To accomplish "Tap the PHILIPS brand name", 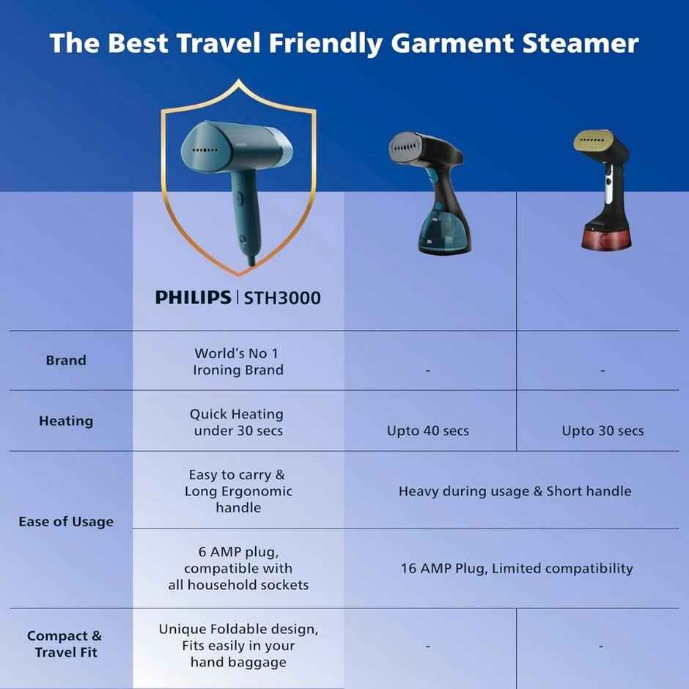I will [x=193, y=298].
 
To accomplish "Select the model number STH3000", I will [x=282, y=298].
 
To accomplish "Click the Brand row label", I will [x=66, y=361].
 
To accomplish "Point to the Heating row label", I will [x=66, y=421].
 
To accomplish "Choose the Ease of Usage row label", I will [x=66, y=522].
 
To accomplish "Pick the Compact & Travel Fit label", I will [x=65, y=644].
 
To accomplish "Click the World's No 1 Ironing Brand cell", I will [x=238, y=361].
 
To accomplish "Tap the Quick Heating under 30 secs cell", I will [x=237, y=422].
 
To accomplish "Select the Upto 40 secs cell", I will [x=428, y=431].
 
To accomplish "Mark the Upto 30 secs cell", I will [x=603, y=431].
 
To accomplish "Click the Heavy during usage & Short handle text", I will [x=515, y=491].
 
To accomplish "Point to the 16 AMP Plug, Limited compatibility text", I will [x=517, y=568].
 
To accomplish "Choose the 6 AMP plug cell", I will [x=238, y=568].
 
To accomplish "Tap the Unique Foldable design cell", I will [x=238, y=645].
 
